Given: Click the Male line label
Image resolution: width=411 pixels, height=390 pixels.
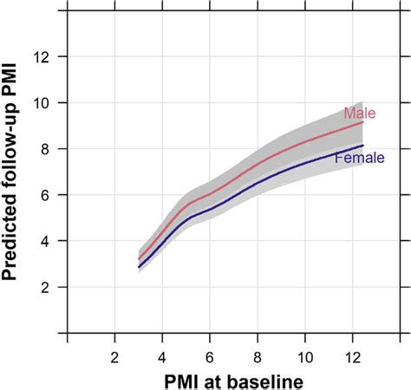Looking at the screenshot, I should point(359,114).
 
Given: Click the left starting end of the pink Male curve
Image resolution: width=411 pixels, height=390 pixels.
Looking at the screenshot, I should point(139,258).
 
